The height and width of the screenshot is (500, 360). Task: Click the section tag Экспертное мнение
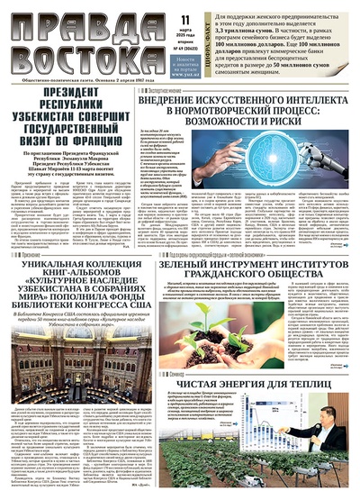click(166, 91)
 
